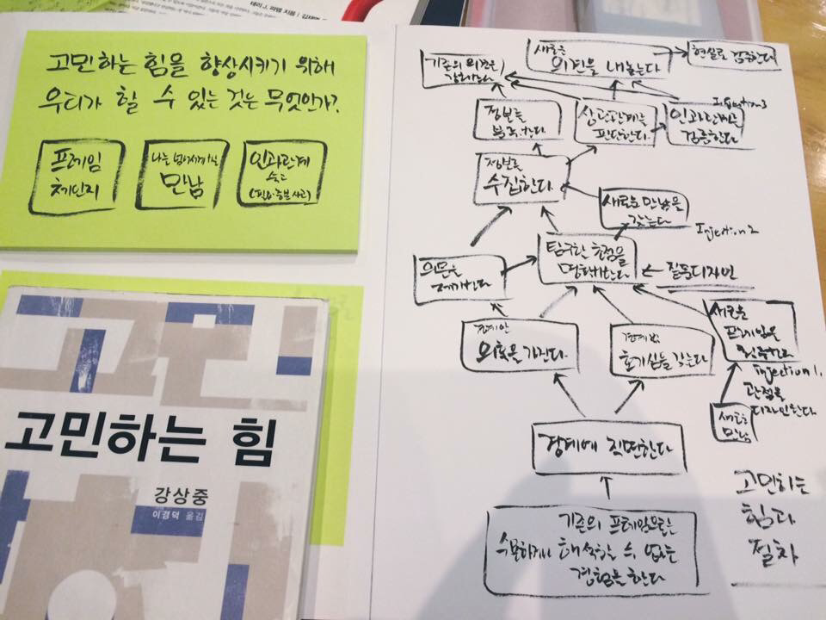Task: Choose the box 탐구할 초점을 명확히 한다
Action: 588,258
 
